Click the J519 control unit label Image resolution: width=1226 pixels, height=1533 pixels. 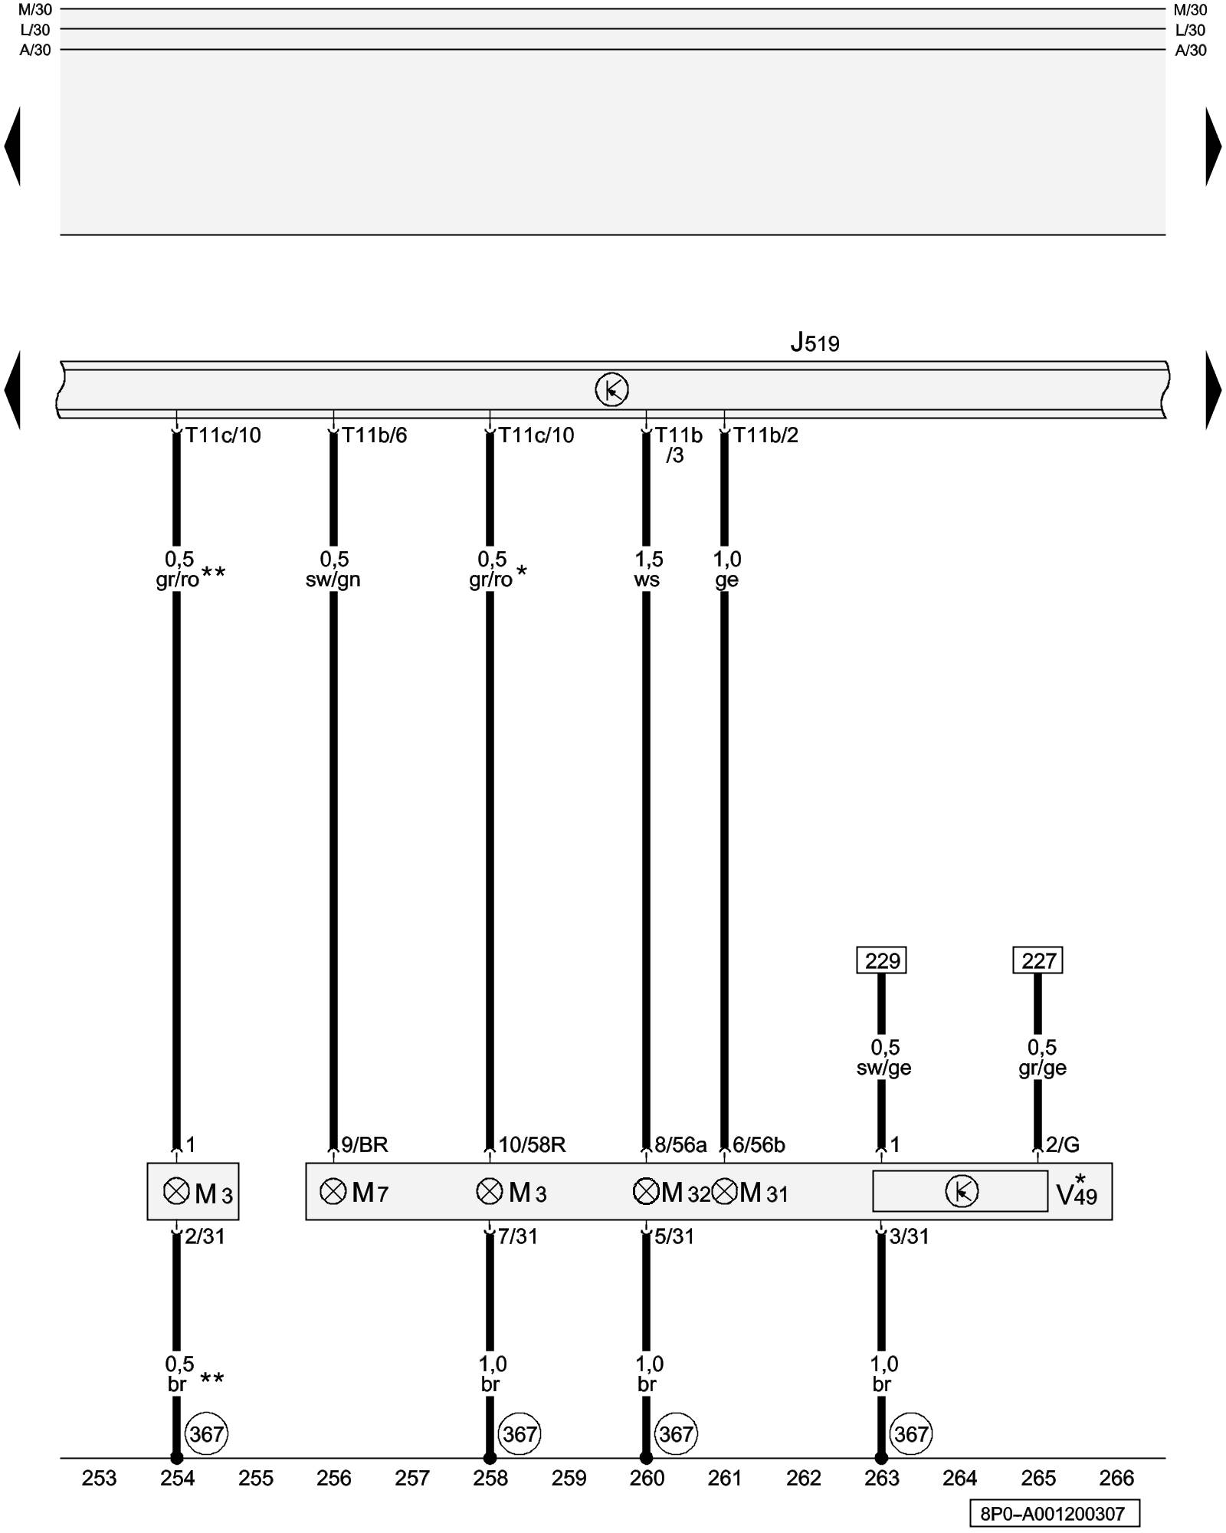(x=815, y=343)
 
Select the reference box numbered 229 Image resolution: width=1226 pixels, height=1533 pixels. (x=881, y=960)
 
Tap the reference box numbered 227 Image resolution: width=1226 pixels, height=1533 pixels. (x=1038, y=960)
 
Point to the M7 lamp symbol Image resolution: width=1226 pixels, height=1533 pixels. (x=333, y=1191)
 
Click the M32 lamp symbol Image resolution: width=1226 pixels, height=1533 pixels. (x=646, y=1192)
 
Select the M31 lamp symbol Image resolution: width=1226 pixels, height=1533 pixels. (x=724, y=1192)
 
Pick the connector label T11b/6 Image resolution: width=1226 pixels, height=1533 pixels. (x=374, y=435)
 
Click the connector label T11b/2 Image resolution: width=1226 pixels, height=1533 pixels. (x=765, y=435)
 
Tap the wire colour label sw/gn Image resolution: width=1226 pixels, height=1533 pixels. (x=333, y=579)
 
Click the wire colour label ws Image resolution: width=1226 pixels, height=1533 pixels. (x=647, y=579)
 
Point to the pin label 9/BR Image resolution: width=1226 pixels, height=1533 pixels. (x=365, y=1145)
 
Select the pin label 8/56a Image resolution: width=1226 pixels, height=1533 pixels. (x=680, y=1145)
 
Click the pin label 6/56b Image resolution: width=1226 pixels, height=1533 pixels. (x=759, y=1145)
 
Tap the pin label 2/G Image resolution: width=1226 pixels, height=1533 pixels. (x=1063, y=1145)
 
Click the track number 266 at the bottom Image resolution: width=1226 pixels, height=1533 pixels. (x=1116, y=1478)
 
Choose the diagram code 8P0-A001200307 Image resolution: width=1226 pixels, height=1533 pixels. (x=1053, y=1514)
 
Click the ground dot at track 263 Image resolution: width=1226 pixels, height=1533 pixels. (x=881, y=1458)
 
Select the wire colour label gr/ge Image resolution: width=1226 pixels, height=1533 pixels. (x=1042, y=1068)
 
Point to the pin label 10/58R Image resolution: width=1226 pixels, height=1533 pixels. (x=532, y=1145)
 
